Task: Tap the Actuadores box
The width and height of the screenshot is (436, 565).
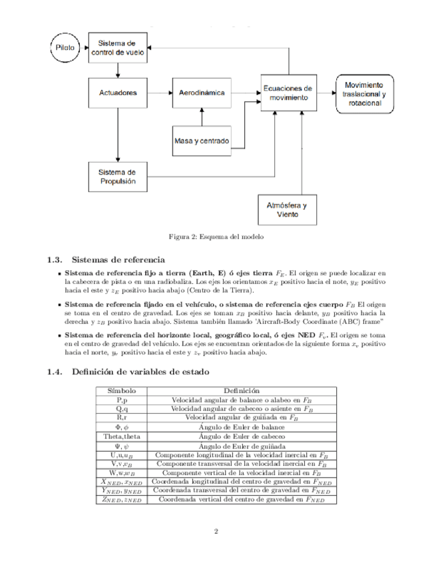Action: pyautogui.click(x=117, y=93)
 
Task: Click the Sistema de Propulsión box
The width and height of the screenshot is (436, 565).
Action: pyautogui.click(x=117, y=176)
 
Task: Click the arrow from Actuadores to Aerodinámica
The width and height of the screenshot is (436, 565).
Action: pyautogui.click(x=159, y=93)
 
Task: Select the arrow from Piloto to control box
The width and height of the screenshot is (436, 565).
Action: pyautogui.click(x=85, y=48)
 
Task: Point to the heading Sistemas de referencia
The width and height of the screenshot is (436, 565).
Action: pyautogui.click(x=118, y=259)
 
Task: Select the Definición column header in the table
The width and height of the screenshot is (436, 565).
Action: pyautogui.click(x=241, y=390)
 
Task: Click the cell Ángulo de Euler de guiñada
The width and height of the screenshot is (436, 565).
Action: pyautogui.click(x=241, y=445)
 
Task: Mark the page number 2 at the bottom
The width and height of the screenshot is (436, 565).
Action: pyautogui.click(x=217, y=532)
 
